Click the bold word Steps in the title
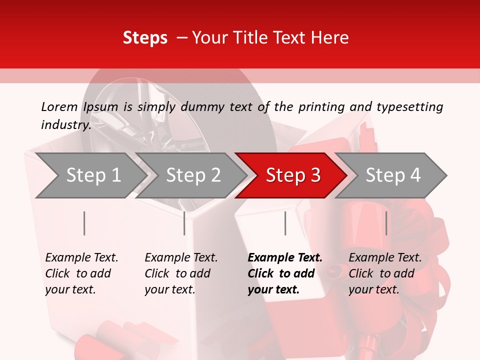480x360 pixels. tap(145, 38)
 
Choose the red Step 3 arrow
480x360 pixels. tap(293, 175)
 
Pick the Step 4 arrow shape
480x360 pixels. tap(393, 175)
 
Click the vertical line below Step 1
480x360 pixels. tap(84, 223)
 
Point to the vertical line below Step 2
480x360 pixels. tap(184, 223)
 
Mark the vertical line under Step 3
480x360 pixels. tap(285, 223)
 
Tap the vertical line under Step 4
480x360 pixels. tap(386, 223)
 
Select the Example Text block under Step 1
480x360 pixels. tap(81, 273)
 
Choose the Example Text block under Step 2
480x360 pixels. tap(181, 273)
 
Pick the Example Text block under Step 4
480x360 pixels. tap(385, 273)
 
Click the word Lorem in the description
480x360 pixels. tap(59, 107)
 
